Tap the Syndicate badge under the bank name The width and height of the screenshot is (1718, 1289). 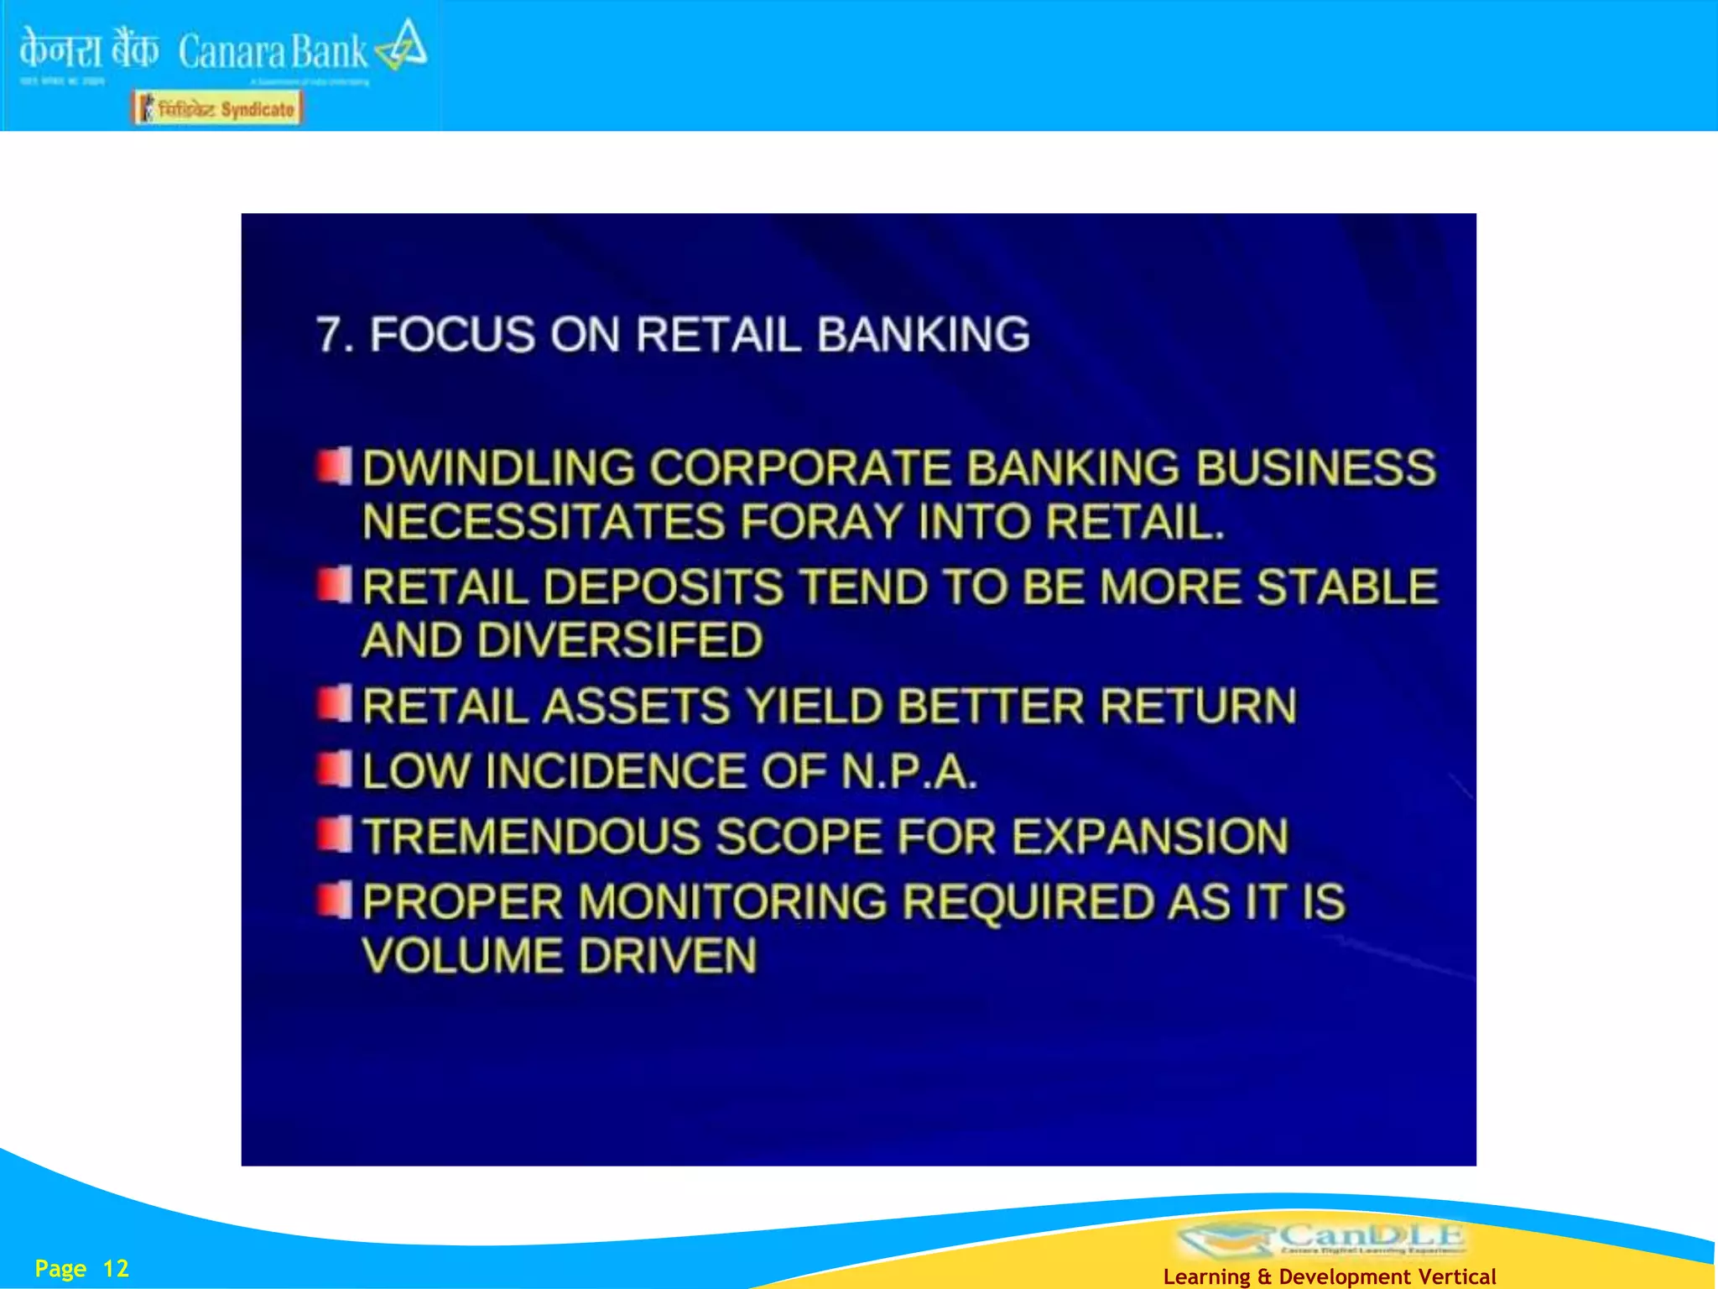pyautogui.click(x=217, y=109)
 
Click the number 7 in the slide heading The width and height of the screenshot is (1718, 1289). pyautogui.click(x=330, y=335)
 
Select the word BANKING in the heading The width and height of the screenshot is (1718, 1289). pyautogui.click(x=923, y=335)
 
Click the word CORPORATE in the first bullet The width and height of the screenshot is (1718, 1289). pyautogui.click(x=801, y=467)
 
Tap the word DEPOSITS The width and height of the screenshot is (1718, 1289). pyautogui.click(x=664, y=587)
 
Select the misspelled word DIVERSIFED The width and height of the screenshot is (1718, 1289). pyautogui.click(x=621, y=640)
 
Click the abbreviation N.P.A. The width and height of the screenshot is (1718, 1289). pyautogui.click(x=908, y=771)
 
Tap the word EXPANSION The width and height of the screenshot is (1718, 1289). pyautogui.click(x=1149, y=837)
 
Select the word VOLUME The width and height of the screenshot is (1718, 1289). pyautogui.click(x=462, y=956)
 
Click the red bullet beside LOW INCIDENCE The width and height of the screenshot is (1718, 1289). pyautogui.click(x=334, y=769)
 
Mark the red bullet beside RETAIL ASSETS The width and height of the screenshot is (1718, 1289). pyautogui.click(x=334, y=703)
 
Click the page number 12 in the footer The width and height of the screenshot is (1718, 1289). pyautogui.click(x=116, y=1268)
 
